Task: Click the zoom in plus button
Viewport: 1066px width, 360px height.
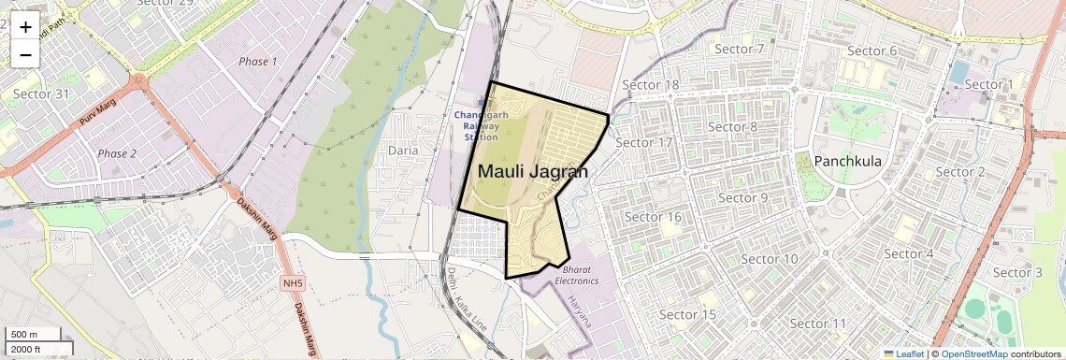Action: point(25,27)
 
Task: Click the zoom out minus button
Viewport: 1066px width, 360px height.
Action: point(25,55)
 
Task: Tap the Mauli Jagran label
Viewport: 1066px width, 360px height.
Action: point(533,172)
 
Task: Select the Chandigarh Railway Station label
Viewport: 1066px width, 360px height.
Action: point(483,124)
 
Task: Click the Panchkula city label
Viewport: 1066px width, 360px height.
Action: point(848,161)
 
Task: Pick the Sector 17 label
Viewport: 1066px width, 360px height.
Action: point(645,143)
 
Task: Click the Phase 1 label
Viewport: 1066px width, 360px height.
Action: point(258,62)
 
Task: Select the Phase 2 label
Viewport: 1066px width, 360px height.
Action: point(117,153)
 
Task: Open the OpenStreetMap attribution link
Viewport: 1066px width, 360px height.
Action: point(973,353)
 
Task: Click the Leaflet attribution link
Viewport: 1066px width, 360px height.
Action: point(905,353)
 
